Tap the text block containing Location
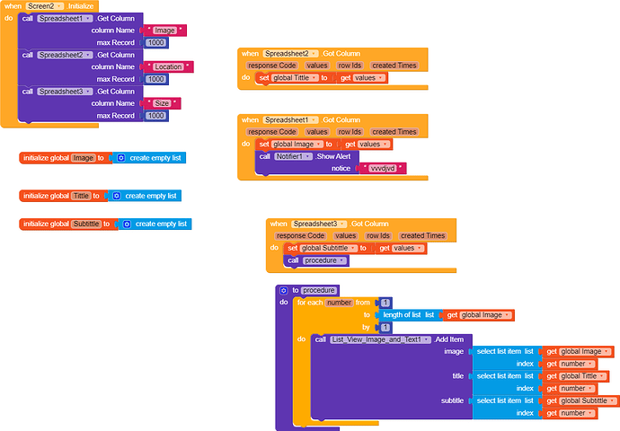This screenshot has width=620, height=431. [168, 66]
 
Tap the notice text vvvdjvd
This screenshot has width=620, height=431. [382, 168]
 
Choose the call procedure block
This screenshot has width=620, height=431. [316, 260]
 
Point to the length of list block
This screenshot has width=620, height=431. [410, 315]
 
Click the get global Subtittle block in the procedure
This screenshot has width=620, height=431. [580, 400]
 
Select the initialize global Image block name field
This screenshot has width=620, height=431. [83, 158]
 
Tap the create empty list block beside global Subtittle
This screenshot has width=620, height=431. [156, 224]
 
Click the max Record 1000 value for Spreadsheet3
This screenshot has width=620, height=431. [155, 115]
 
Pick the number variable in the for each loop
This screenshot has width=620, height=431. [340, 303]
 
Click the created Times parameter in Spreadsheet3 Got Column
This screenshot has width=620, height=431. [422, 235]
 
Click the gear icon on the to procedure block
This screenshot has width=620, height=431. [283, 291]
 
